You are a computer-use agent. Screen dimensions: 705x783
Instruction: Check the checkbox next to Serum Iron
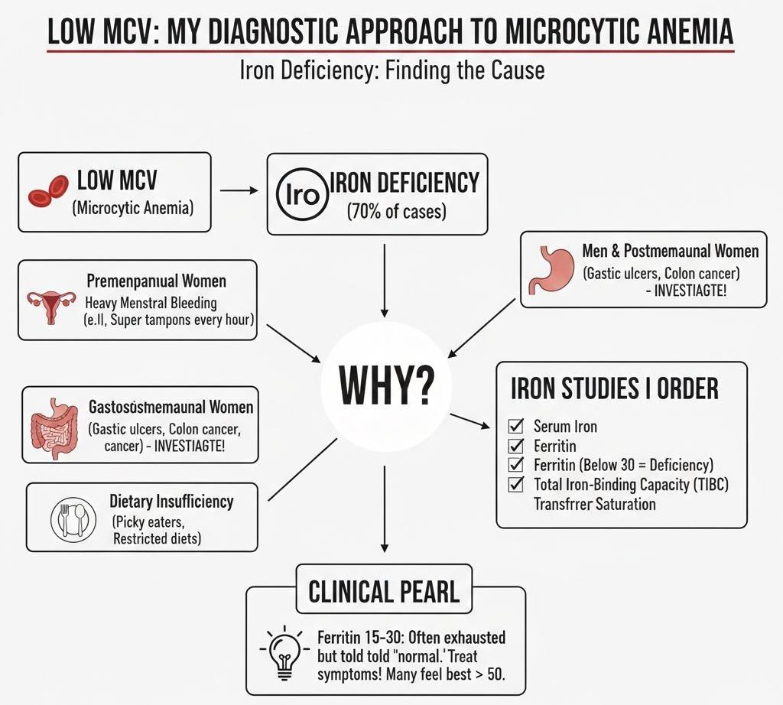[516, 425]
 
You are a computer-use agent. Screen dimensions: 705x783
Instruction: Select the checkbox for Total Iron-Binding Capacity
[516, 484]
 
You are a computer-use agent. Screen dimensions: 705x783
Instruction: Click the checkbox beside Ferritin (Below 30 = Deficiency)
[516, 464]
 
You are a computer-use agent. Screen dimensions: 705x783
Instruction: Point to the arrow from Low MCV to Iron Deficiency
[239, 190]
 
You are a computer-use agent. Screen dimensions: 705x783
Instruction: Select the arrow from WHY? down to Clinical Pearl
[384, 508]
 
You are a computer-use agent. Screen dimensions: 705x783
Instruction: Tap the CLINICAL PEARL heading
[384, 591]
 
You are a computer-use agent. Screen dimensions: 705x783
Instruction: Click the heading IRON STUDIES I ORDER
[614, 388]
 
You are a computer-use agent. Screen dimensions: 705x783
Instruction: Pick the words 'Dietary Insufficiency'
[171, 502]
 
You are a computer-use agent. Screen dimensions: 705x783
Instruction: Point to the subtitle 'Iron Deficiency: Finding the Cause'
[391, 71]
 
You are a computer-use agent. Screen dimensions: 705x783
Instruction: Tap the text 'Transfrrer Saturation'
[594, 504]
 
